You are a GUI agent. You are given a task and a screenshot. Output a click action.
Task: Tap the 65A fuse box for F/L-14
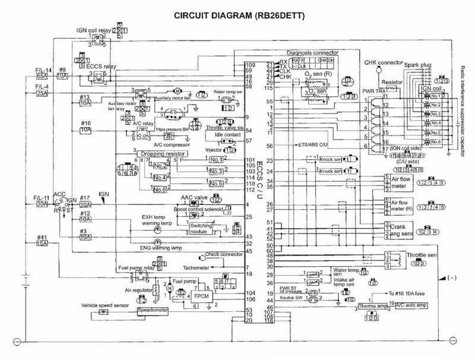42,77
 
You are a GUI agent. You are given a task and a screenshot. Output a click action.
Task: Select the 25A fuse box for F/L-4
42,93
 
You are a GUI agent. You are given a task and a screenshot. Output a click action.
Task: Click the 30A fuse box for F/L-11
42,204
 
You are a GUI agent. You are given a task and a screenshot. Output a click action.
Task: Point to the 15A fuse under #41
42,243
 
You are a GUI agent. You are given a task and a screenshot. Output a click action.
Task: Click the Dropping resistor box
162,154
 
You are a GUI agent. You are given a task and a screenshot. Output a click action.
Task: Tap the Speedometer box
153,311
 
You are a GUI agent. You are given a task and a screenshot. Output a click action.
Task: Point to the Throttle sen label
422,255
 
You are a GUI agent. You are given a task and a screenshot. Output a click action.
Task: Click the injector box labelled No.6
159,189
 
